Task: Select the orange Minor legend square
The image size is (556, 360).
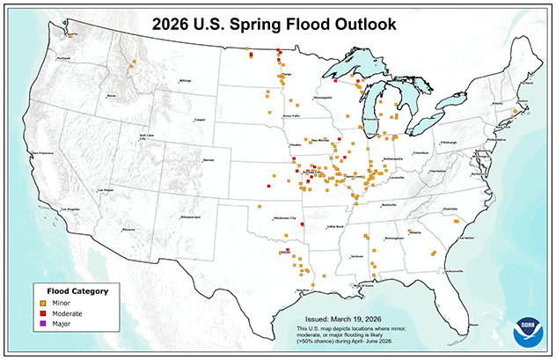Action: tap(45, 303)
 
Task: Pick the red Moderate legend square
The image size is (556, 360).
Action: tap(45, 313)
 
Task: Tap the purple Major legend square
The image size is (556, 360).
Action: tap(45, 324)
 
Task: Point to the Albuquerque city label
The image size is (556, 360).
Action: tap(192, 216)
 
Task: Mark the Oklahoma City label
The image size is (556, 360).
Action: tap(289, 217)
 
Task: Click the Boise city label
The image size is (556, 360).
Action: tap(111, 95)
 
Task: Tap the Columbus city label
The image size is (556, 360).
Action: tap(421, 152)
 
